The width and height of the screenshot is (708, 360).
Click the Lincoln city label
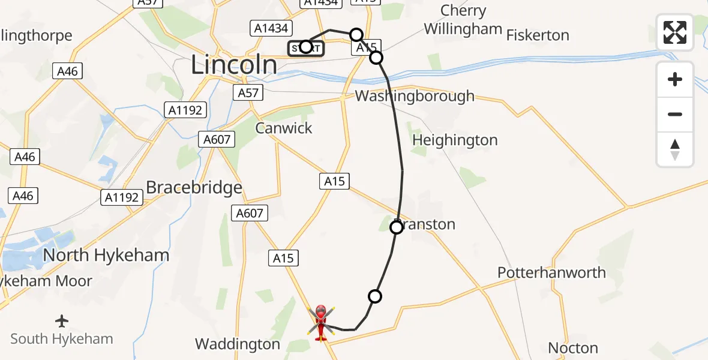click(x=234, y=65)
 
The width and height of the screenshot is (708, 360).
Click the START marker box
click(x=306, y=47)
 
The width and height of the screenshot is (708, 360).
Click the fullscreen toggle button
click(x=675, y=32)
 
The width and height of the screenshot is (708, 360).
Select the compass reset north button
click(x=675, y=149)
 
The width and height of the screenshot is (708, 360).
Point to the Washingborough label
click(x=414, y=96)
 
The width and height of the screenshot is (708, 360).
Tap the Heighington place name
click(x=455, y=140)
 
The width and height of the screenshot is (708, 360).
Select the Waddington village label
click(x=238, y=344)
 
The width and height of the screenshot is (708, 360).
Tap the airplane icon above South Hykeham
click(x=62, y=321)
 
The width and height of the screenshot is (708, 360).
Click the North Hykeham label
click(x=106, y=255)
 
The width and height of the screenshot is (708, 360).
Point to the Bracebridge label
click(x=194, y=187)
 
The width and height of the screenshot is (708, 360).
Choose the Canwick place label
click(x=284, y=128)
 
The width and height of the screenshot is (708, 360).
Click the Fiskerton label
click(x=538, y=35)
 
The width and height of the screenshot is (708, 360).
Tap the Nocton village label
click(x=573, y=348)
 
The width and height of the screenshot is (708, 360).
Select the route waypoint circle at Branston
click(x=396, y=227)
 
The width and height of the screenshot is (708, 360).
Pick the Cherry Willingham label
click(x=463, y=20)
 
